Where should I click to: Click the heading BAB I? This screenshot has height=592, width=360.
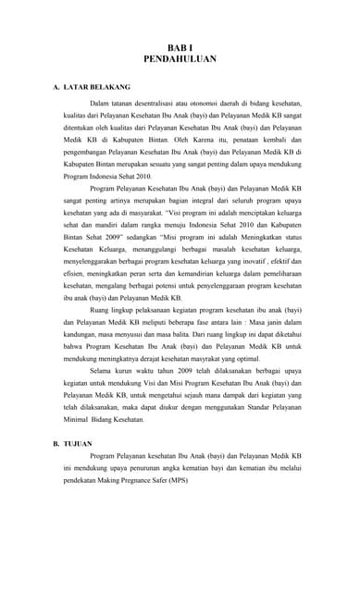tap(180, 46)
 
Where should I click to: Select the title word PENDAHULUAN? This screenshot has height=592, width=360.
tap(180, 58)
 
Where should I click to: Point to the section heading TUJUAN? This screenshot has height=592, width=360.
tap(78, 443)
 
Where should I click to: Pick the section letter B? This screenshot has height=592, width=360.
tap(56, 443)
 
